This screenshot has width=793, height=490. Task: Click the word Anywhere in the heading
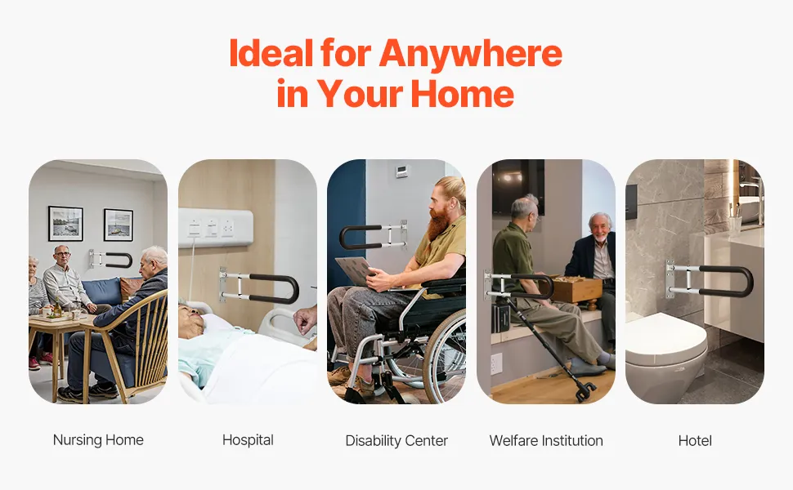tap(471, 54)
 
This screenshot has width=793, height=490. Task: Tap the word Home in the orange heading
tap(462, 94)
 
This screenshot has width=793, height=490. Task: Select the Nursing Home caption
tap(98, 440)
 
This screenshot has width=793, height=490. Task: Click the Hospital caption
tap(248, 440)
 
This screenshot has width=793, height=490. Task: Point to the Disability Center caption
tap(396, 440)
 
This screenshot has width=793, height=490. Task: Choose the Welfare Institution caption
tap(546, 440)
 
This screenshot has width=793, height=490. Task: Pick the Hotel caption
tap(695, 440)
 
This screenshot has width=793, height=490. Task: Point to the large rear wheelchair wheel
tap(445, 356)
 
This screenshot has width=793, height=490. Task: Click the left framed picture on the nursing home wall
tap(65, 223)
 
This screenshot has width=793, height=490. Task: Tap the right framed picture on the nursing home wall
tap(119, 225)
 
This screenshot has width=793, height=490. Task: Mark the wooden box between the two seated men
tap(576, 289)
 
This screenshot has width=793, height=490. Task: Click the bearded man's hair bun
tap(455, 186)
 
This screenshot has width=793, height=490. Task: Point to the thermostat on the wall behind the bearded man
tap(402, 171)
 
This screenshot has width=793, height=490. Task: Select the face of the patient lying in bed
tap(191, 320)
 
